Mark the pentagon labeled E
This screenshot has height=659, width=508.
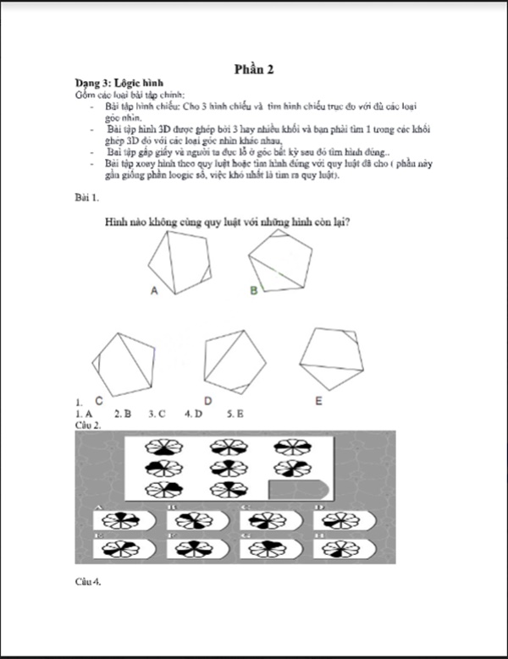[333, 356]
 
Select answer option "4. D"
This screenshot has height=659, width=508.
[193, 415]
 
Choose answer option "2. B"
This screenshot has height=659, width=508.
[122, 415]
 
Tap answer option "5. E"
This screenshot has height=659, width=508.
[235, 415]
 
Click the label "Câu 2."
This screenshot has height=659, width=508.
[88, 425]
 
